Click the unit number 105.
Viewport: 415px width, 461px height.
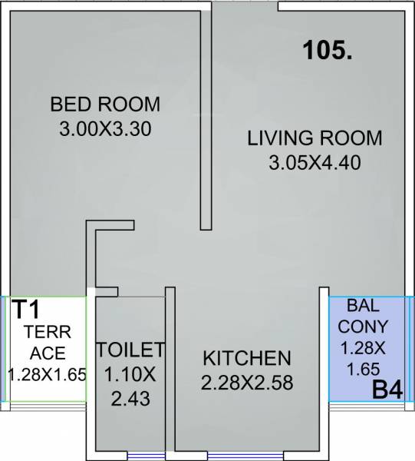click(x=327, y=52)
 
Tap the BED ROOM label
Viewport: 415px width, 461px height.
click(x=105, y=104)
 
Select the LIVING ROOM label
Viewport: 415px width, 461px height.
click(x=315, y=139)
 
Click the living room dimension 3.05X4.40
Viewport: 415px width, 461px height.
click(x=315, y=163)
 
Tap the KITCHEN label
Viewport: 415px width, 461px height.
click(x=246, y=358)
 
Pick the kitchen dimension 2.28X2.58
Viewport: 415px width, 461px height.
click(x=246, y=383)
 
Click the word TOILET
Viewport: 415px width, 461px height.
click(x=130, y=350)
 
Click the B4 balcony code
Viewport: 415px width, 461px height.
click(x=387, y=390)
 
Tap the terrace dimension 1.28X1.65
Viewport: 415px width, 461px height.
click(x=47, y=375)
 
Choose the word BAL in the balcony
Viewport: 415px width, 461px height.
click(x=361, y=305)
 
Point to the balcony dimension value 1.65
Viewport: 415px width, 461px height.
click(x=361, y=369)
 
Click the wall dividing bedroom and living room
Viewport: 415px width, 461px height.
click(x=206, y=115)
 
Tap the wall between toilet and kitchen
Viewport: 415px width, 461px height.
click(x=170, y=369)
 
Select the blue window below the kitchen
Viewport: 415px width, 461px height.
click(x=230, y=453)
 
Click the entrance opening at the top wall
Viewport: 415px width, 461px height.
click(x=245, y=6)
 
